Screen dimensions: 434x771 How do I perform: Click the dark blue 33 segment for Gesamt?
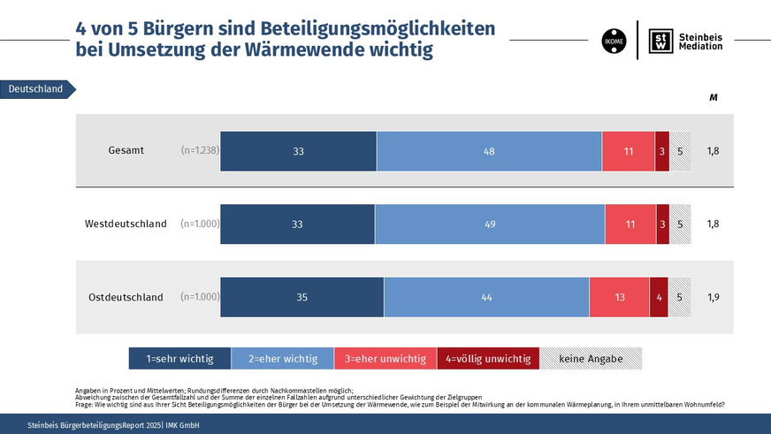pyautogui.click(x=298, y=151)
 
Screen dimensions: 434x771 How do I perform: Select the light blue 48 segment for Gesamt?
pyautogui.click(x=489, y=151)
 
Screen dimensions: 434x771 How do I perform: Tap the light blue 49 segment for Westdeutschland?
pyautogui.click(x=490, y=224)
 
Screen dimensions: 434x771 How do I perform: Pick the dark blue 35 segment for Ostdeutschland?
pyautogui.click(x=302, y=297)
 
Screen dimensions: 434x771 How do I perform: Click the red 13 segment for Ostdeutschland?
pyautogui.click(x=619, y=297)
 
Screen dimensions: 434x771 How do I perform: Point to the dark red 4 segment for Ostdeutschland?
pyautogui.click(x=659, y=297)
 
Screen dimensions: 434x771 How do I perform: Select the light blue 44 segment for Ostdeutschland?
pyautogui.click(x=486, y=297)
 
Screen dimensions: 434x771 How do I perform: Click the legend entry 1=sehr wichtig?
pyautogui.click(x=179, y=358)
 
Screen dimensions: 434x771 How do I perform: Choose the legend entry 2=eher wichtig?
pyautogui.click(x=282, y=358)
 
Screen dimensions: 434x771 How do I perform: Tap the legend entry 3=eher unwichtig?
pyautogui.click(x=385, y=358)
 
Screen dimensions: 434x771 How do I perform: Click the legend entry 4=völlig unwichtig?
pyautogui.click(x=488, y=358)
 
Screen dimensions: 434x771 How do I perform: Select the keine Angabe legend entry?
pyautogui.click(x=591, y=358)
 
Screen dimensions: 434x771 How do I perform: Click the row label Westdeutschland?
pyautogui.click(x=126, y=224)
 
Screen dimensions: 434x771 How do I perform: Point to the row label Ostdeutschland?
pyautogui.click(x=126, y=297)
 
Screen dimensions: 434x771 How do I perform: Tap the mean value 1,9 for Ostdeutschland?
pyautogui.click(x=713, y=297)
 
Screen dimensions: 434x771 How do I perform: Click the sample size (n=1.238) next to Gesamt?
pyautogui.click(x=199, y=151)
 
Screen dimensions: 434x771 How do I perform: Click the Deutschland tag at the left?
pyautogui.click(x=37, y=89)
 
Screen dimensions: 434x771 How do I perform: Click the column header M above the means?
pyautogui.click(x=713, y=97)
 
